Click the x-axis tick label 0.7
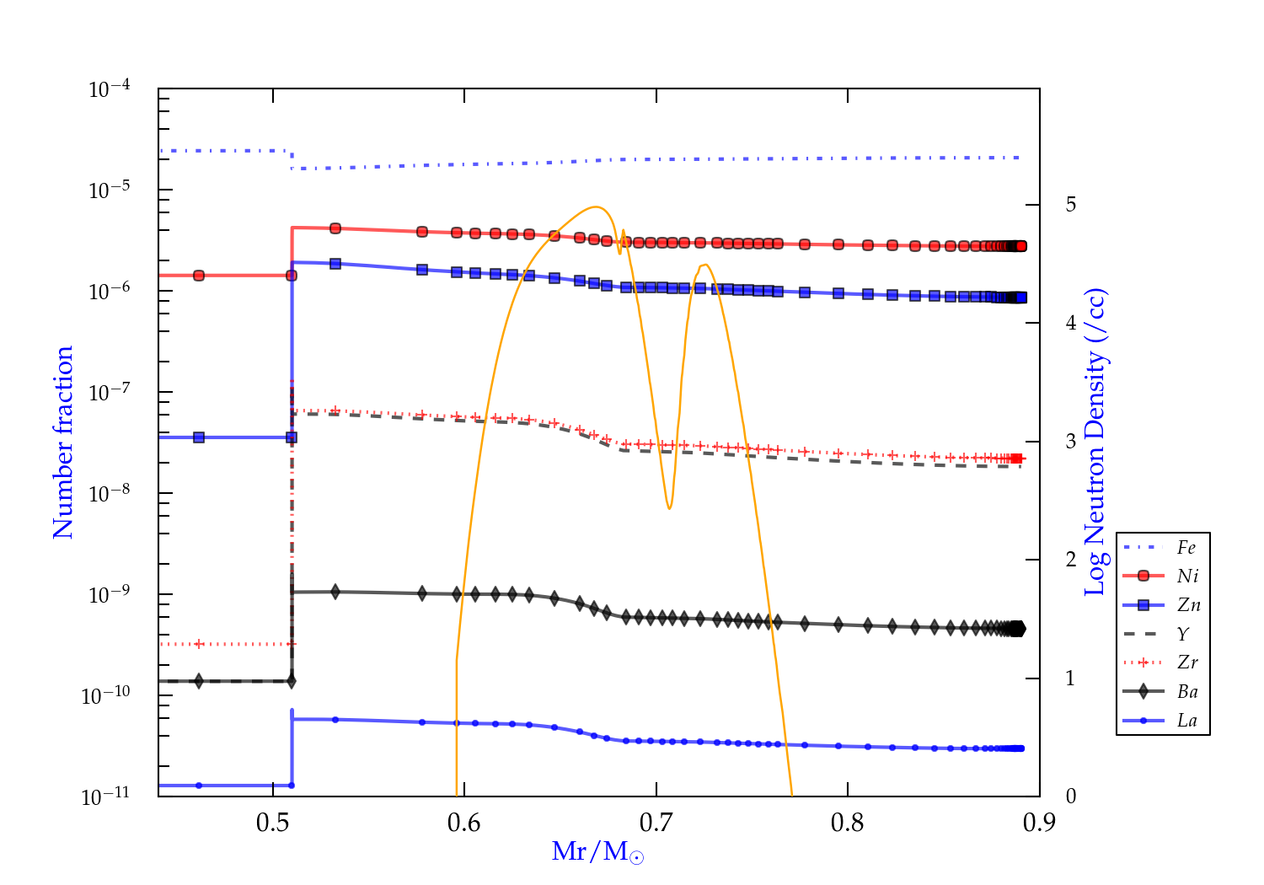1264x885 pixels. point(656,823)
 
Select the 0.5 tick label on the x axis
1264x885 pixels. point(273,823)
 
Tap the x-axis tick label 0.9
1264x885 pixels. point(1039,823)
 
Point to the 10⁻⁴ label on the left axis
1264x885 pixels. point(110,89)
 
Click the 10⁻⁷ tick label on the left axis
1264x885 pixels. point(110,393)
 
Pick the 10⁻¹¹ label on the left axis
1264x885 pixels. point(106,796)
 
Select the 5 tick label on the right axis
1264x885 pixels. point(1070,205)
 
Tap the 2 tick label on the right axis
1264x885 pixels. point(1070,560)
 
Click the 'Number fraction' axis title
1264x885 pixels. point(63,442)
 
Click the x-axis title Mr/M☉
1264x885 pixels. point(597,851)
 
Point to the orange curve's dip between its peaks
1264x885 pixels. point(669,508)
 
